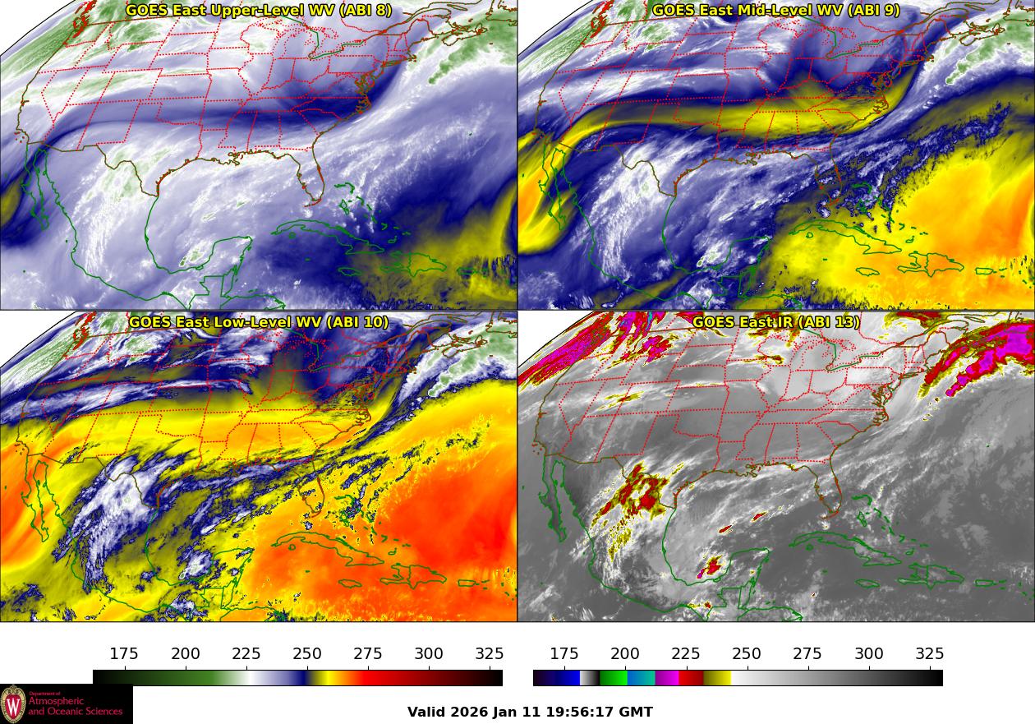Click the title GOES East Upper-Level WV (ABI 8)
[259, 11]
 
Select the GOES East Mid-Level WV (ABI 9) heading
[776, 11]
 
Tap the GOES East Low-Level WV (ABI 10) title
[259, 322]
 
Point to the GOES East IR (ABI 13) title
[776, 322]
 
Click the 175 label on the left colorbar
[124, 654]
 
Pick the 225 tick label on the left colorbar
[246, 654]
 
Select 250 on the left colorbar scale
[307, 654]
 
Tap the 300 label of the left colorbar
[429, 654]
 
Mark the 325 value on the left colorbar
[490, 654]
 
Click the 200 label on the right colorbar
[625, 654]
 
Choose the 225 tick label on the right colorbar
[686, 654]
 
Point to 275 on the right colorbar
[807, 654]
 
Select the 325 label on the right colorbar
[930, 654]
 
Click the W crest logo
[13, 704]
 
